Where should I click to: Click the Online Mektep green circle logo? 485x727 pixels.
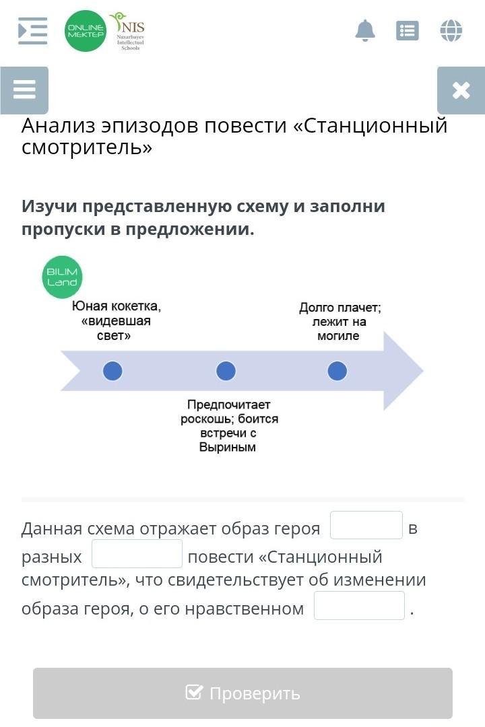point(86,31)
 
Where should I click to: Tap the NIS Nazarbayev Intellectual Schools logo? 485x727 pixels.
point(128,31)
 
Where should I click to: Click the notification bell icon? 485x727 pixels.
point(365,30)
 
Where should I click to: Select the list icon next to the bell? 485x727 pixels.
point(408,30)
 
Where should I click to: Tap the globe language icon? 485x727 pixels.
point(451,30)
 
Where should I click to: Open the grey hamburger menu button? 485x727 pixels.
point(24,90)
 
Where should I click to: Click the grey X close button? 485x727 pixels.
point(461,90)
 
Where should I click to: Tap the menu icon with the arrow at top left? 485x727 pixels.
point(32,30)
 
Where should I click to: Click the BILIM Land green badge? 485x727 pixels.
point(62,277)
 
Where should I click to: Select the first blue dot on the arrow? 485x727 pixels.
point(112,371)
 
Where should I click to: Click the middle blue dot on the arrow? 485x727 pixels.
point(226,371)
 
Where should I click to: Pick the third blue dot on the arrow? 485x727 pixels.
point(337,371)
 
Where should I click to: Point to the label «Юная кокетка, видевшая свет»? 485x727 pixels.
point(117,320)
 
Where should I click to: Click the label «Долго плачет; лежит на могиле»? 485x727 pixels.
point(339,322)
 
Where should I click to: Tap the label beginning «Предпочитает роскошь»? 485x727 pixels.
point(229,425)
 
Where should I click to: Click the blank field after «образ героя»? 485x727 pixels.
point(366,526)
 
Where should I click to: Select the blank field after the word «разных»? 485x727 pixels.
point(137,554)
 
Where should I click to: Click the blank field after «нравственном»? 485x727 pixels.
point(359,606)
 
